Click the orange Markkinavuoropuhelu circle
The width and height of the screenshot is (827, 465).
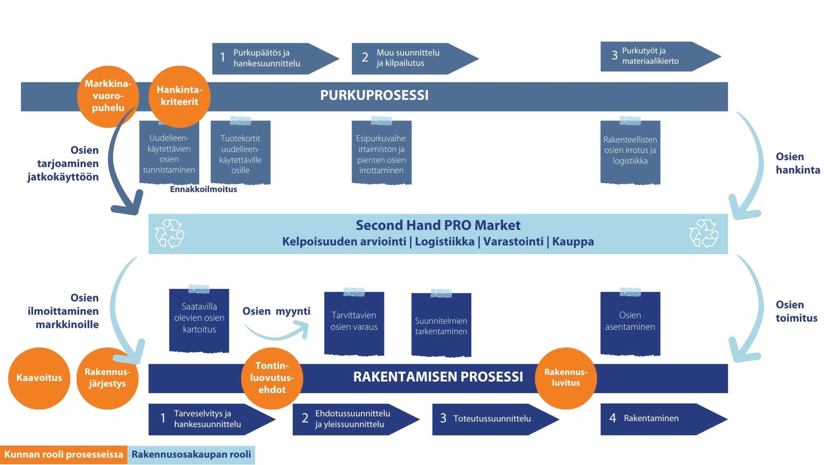tap(108, 96)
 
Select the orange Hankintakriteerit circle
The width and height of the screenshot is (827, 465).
tap(179, 96)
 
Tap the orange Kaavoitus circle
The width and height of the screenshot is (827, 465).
tap(39, 378)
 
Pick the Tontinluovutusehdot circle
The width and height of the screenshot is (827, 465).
tap(272, 378)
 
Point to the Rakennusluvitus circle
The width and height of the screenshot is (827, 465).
tap(566, 378)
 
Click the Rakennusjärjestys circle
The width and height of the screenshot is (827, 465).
tap(107, 378)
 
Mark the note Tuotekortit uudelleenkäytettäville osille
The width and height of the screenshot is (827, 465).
tap(240, 153)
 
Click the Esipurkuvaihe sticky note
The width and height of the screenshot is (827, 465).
tap(381, 153)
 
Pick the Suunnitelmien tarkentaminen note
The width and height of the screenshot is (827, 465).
tap(441, 325)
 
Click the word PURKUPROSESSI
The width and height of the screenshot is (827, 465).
tap(374, 96)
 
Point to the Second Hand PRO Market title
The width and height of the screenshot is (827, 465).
tap(438, 225)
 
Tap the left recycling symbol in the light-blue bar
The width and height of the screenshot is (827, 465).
tap(169, 234)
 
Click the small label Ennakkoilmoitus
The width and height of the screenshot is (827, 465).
tap(203, 189)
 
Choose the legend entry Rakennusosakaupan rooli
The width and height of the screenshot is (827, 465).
tap(191, 455)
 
